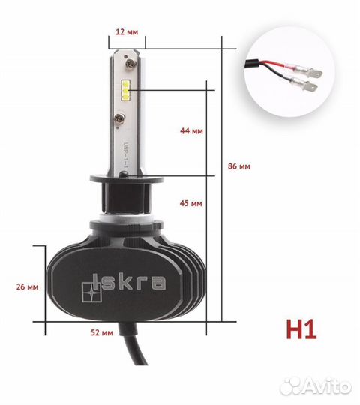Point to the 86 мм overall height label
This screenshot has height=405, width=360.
pyautogui.click(x=241, y=166)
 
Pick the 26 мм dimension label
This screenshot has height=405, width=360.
pyautogui.click(x=26, y=286)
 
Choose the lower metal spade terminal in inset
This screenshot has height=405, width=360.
pyautogui.click(x=313, y=88)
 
